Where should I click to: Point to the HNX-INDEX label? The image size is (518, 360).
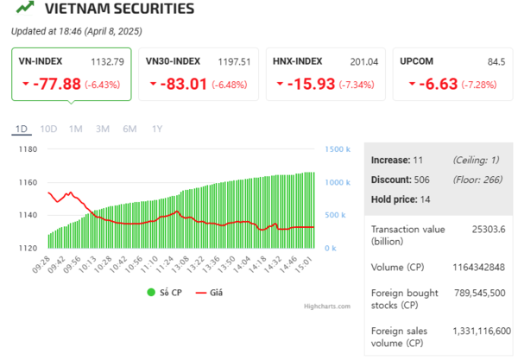tap(297, 61)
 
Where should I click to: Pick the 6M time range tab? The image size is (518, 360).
tap(129, 129)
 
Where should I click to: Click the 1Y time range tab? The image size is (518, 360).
tap(156, 129)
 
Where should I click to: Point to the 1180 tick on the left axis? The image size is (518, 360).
tap(28, 149)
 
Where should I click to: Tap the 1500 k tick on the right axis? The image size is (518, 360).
tap(338, 149)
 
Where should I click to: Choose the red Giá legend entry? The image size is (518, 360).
tap(208, 293)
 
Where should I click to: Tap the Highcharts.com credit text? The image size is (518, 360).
tap(327, 306)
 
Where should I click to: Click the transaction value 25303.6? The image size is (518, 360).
tap(490, 229)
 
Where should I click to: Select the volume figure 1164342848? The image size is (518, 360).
tap(482, 266)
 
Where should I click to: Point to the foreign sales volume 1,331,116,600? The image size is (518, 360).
tap(482, 331)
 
